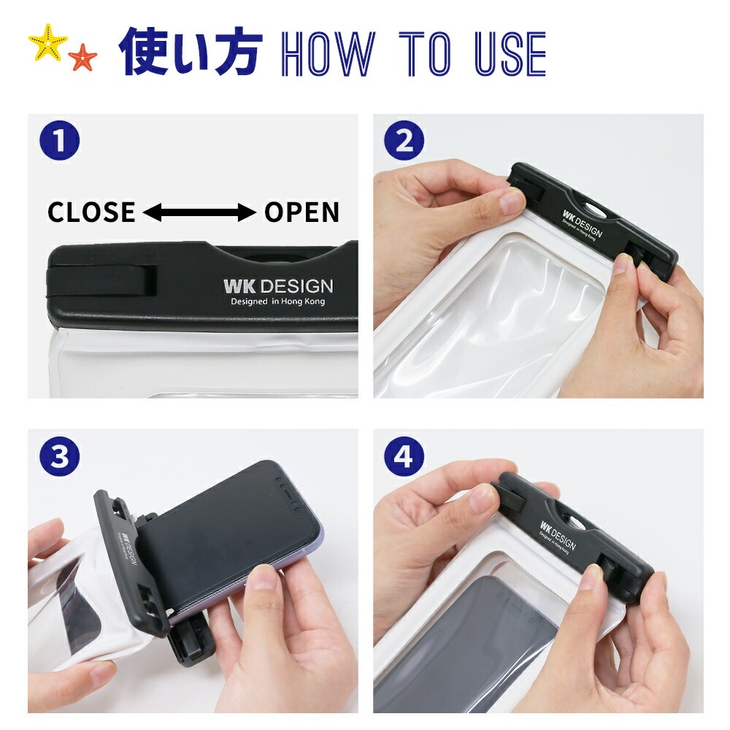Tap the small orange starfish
pos(82,57)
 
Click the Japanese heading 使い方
pos(191,52)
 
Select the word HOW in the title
pos(328,54)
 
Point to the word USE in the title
pos(510,54)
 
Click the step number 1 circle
pos(60,141)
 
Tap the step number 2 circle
pos(404,141)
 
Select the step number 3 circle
pos(60,456)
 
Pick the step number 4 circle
pos(404,456)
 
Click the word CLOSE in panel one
pos(92,212)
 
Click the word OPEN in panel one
pos(301,212)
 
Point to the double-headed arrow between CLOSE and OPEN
pos(200,212)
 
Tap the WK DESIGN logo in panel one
pos(278,286)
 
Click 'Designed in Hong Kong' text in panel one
pos(278,301)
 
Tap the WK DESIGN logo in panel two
pos(583,223)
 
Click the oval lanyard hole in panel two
pos(592,207)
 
